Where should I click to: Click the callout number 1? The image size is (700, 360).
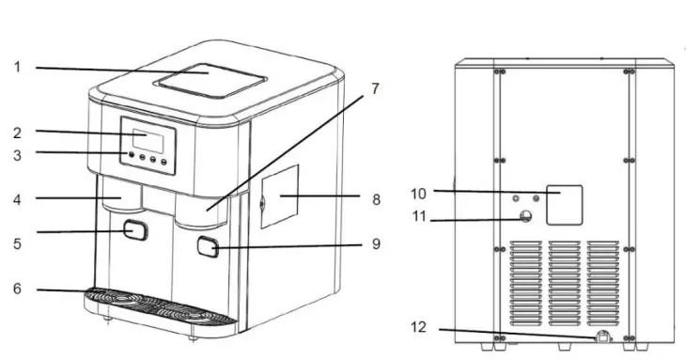(17, 67)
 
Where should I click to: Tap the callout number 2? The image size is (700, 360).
(17, 133)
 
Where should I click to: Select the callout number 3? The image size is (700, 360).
(17, 152)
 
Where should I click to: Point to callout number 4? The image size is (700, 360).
(17, 198)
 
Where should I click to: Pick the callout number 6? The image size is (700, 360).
(17, 289)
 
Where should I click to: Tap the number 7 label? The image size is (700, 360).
(374, 89)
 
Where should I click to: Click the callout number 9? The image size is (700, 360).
(375, 244)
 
